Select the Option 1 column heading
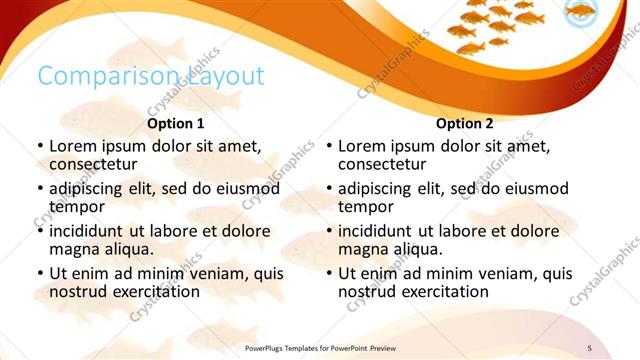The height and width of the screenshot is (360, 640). point(176,124)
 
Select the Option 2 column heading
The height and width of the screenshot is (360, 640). point(465,124)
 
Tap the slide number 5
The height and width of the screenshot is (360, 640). point(589,347)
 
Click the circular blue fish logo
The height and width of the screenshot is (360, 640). point(581,13)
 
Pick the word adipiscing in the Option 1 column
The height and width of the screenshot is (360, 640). point(90,188)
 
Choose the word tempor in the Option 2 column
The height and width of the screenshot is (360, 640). point(366,207)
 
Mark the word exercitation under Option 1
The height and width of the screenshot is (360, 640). point(155,292)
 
